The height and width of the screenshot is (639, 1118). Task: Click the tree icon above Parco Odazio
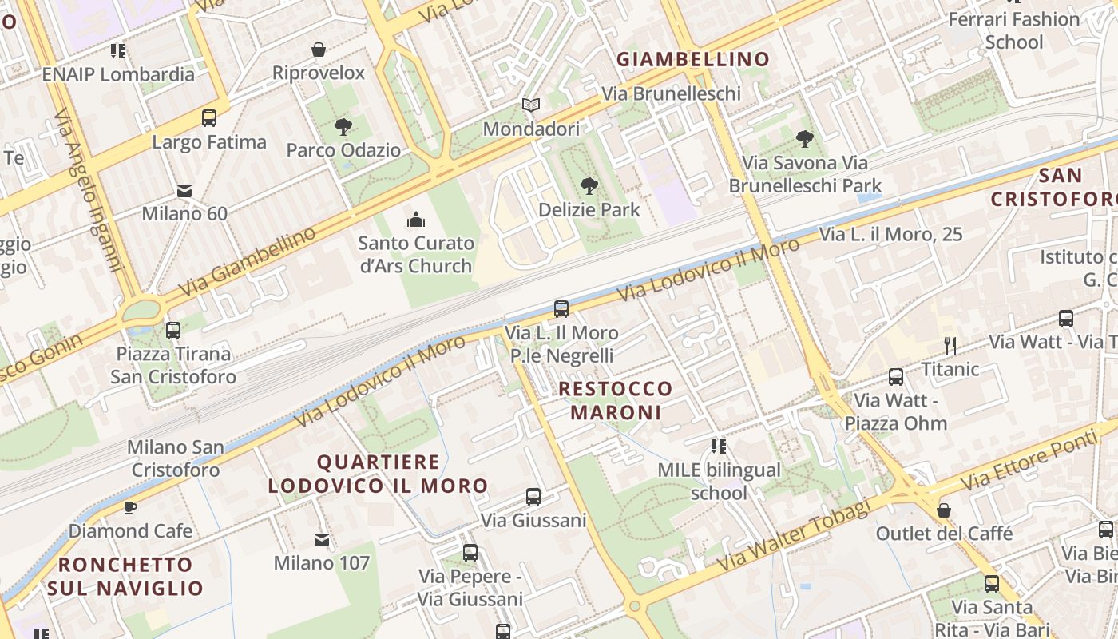point(343,126)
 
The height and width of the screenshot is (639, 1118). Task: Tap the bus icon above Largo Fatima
point(209,118)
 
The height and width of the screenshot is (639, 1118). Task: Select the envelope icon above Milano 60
point(184,191)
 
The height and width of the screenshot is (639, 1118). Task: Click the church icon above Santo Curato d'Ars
point(415,220)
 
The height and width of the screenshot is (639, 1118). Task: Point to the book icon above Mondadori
point(531,105)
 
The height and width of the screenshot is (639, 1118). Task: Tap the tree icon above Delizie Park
point(589,186)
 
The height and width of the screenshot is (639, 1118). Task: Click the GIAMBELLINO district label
point(693,59)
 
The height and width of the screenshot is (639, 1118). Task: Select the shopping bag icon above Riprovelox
point(319,50)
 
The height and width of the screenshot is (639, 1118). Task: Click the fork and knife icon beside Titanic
point(950,345)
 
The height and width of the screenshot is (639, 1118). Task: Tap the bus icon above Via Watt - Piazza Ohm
point(896,376)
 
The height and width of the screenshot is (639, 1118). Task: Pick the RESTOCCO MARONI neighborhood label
point(616,400)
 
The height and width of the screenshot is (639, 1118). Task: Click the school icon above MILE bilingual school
point(719,447)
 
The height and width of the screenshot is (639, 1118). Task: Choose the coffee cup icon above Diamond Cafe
point(130,507)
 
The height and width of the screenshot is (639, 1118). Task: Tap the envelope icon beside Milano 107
point(322,540)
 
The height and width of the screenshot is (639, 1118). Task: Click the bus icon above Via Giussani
point(533,497)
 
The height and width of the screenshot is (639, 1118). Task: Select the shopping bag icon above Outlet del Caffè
point(944,510)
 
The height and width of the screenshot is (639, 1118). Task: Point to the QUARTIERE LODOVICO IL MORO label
point(378,474)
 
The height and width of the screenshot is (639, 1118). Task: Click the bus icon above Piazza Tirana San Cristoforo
point(172,330)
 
